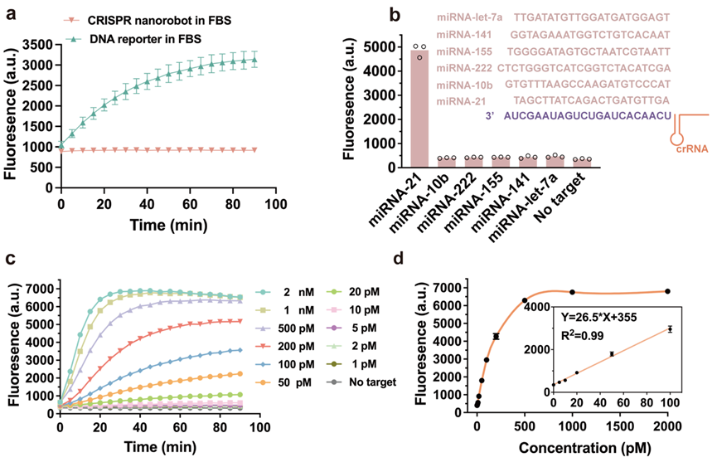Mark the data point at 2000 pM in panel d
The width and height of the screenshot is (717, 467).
(x=668, y=291)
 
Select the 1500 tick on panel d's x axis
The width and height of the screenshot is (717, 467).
(x=620, y=426)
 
